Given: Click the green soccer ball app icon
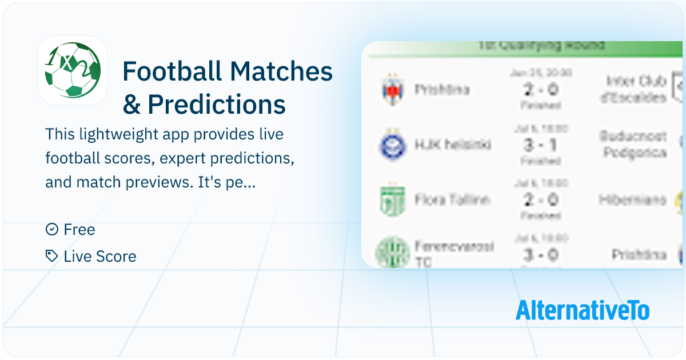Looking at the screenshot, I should tap(73, 70).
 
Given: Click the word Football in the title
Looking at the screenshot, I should tap(173, 71).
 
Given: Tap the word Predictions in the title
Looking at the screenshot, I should tap(217, 104).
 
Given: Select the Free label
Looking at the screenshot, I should tap(79, 230).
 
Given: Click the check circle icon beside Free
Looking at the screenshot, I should tap(52, 230).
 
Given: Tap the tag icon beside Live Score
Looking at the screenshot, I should tap(52, 256).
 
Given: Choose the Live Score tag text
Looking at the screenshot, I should tap(100, 257).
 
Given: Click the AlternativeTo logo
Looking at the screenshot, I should tap(583, 310).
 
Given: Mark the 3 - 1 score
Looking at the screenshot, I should tap(540, 145).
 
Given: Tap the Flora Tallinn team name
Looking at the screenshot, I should tap(452, 201).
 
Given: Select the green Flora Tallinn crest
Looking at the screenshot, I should tap(393, 201).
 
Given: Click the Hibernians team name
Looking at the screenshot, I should tap(633, 200).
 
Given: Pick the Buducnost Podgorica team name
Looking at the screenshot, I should tap(633, 145).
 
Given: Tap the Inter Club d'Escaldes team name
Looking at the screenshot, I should tap(636, 89).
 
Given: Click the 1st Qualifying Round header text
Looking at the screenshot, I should tap(540, 46).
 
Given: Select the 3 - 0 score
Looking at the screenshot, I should tap(540, 254).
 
